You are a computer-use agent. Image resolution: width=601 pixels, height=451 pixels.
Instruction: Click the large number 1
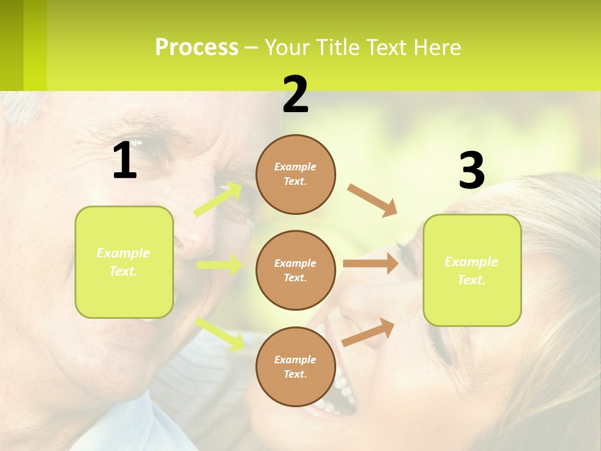click(x=125, y=161)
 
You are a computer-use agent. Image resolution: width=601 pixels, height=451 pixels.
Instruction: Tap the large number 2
click(x=295, y=95)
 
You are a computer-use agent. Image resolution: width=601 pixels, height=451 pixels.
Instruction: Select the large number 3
click(x=471, y=171)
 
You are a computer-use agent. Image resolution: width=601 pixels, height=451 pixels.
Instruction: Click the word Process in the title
click(x=197, y=47)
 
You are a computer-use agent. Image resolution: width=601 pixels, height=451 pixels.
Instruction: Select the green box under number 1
click(x=124, y=262)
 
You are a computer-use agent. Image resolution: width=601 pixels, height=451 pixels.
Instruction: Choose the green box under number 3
click(x=472, y=270)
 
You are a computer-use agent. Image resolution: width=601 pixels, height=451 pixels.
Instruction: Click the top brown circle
click(x=295, y=174)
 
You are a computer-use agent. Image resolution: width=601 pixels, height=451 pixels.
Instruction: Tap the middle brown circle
click(x=295, y=270)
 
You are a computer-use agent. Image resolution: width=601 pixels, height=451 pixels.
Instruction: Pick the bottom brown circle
click(x=295, y=366)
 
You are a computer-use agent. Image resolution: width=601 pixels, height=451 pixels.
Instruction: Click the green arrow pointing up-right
click(x=218, y=200)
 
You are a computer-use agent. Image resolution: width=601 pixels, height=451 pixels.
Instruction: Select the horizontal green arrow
click(x=219, y=265)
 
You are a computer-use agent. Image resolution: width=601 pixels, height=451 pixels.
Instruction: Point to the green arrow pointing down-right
click(x=220, y=334)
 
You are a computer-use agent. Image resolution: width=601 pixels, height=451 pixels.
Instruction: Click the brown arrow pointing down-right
click(x=372, y=200)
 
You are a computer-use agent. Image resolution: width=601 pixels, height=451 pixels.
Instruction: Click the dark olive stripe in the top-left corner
click(x=11, y=45)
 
